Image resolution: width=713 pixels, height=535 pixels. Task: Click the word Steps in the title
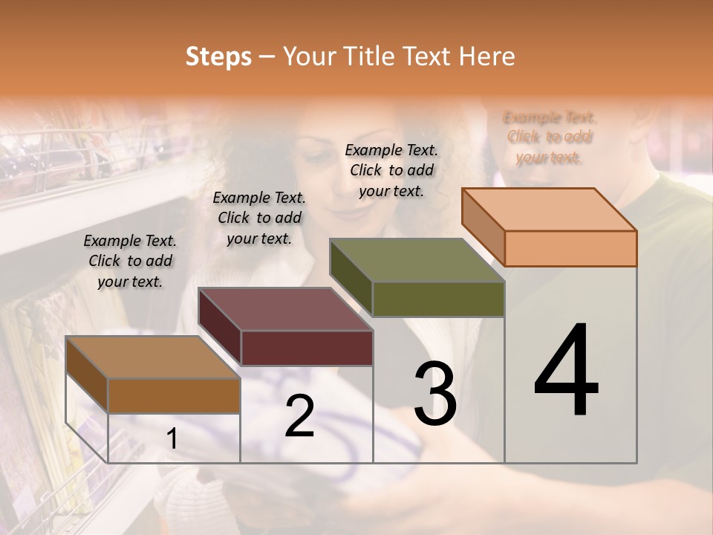pos(218,56)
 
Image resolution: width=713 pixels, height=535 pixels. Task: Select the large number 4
pos(566,372)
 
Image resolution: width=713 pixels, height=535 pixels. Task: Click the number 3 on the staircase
pos(434,393)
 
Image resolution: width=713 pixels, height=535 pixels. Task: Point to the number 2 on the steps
pos(299,416)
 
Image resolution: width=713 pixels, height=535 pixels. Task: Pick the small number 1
pos(172,439)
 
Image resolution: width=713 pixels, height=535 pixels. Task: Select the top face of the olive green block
pos(417,260)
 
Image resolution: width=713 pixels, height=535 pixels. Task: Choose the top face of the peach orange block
pos(549,210)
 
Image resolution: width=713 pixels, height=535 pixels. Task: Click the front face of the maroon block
pos(307,348)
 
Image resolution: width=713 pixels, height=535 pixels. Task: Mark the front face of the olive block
pos(438,299)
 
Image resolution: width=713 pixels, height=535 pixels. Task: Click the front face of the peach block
pos(570,248)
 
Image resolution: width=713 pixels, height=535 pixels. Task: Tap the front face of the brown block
pos(174,395)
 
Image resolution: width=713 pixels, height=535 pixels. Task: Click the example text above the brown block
pos(130,261)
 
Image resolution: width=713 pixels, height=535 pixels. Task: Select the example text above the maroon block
pos(259,218)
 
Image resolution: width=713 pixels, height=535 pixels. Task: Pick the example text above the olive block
pos(391,170)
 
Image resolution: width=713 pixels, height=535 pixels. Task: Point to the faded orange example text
pos(550,137)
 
